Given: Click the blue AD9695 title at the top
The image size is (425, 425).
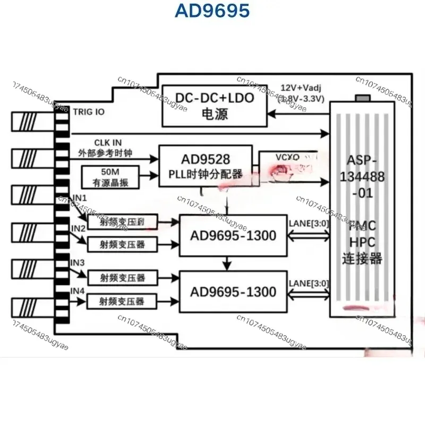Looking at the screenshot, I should click(212, 12).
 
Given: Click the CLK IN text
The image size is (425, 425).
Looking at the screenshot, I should click(108, 142).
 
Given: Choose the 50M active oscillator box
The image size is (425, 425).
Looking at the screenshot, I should click(110, 176).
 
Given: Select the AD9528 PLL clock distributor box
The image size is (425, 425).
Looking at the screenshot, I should click(205, 166).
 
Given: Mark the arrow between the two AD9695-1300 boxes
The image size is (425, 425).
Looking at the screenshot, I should click(227, 261).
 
